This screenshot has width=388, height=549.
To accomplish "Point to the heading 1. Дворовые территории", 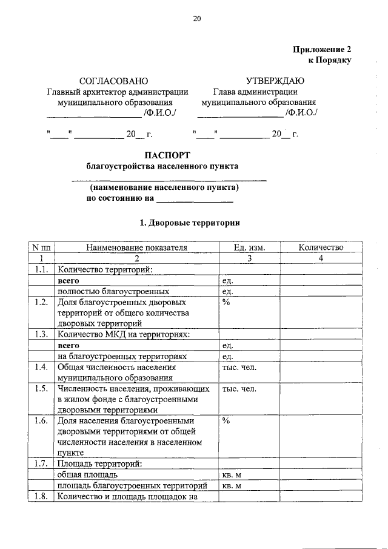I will (x=190, y=223).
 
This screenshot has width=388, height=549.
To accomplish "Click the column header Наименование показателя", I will (x=136, y=248).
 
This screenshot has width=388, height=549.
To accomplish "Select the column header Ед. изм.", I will (x=249, y=248).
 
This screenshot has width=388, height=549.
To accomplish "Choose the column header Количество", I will (x=321, y=248).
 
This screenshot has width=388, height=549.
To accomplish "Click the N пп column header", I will (x=42, y=248).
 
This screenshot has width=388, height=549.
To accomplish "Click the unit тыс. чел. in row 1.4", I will (x=239, y=367).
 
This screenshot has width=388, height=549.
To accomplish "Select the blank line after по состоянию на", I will (x=195, y=199).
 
